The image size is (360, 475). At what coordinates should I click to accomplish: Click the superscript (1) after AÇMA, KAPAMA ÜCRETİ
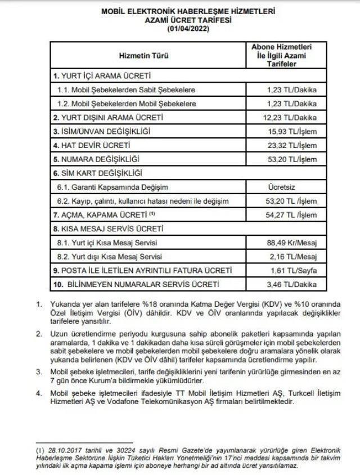pyautogui.click(x=151, y=214)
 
